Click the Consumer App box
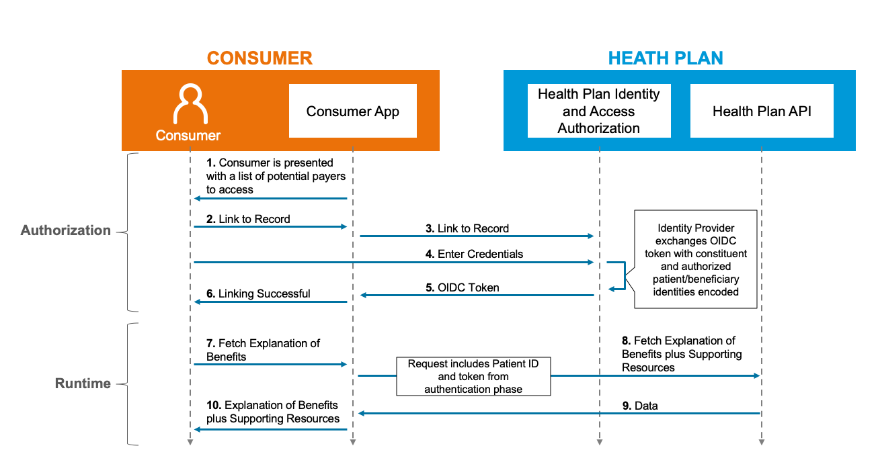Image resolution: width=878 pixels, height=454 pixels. point(353,111)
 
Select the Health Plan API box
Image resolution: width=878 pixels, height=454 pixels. point(762,111)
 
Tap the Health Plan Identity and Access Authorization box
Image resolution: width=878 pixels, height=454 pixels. point(599,111)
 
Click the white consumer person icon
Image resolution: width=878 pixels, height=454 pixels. point(190,103)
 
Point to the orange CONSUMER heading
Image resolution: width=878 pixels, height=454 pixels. point(260,58)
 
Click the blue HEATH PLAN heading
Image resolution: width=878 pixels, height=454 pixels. point(666,58)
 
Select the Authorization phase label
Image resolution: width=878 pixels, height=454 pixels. point(65,230)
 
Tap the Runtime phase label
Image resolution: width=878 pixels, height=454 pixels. point(83,383)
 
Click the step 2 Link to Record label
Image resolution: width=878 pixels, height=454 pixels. point(248,219)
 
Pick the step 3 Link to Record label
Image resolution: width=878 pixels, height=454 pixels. point(467,228)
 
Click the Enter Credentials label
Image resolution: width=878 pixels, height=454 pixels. point(474,254)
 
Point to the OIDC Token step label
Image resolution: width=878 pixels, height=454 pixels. point(463,287)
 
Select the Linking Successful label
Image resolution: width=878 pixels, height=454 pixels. point(258,293)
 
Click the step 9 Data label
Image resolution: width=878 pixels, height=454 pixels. point(640,406)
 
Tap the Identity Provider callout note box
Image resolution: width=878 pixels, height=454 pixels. point(696,259)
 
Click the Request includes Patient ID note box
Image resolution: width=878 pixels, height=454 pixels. point(473,376)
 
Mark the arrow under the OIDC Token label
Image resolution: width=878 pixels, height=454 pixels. point(477,295)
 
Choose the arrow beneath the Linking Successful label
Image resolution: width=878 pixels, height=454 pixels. point(270,302)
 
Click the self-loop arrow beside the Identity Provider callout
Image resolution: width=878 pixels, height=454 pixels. point(625,276)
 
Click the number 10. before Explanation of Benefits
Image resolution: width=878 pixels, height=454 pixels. point(214,405)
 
